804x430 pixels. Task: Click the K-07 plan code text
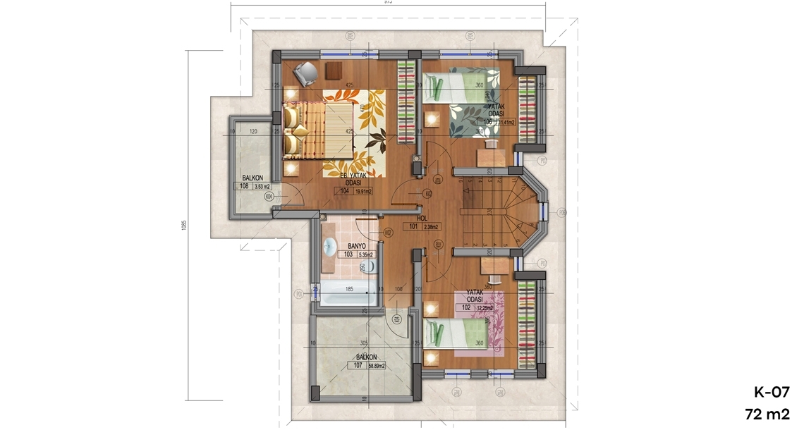coord(771,393)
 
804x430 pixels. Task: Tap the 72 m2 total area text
coord(770,414)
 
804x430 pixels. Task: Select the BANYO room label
coord(346,247)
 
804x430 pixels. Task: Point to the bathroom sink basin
coord(329,247)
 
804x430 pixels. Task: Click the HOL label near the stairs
coord(422,219)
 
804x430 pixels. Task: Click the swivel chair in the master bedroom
coord(304,71)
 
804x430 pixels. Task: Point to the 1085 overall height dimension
coord(183,226)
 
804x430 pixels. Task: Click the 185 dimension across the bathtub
coord(348,289)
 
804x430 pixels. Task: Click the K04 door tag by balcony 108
coord(269,197)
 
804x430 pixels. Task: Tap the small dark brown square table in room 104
coord(334,70)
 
